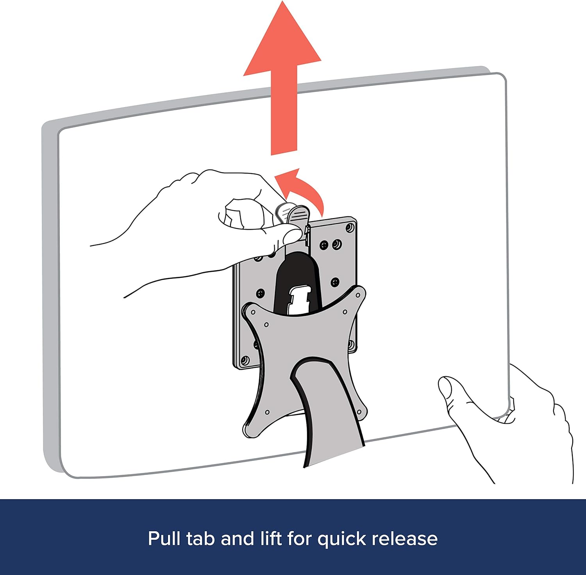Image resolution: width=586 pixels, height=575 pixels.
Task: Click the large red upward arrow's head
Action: [x=282, y=43]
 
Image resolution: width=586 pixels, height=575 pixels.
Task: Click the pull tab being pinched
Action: [x=297, y=215]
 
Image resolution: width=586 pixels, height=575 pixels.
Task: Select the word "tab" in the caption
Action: [x=200, y=539]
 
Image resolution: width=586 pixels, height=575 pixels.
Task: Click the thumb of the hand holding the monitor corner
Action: [x=449, y=391]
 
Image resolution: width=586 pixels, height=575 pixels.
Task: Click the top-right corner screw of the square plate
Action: [x=349, y=227]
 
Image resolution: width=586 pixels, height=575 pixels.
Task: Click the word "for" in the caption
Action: [x=299, y=539]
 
